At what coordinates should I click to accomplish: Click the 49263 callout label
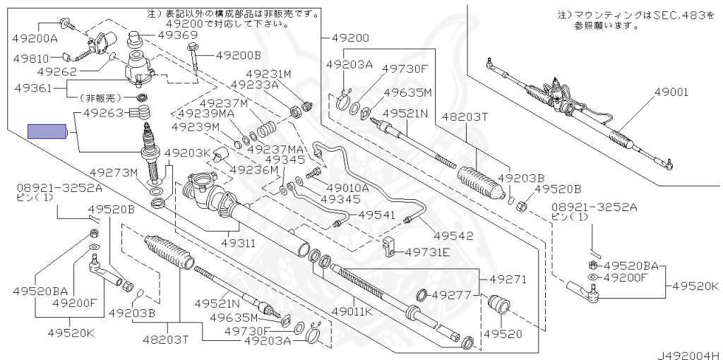(103, 112)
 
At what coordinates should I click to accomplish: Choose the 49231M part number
(268, 73)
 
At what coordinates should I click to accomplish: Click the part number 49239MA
(205, 113)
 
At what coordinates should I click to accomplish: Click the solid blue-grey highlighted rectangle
(46, 131)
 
